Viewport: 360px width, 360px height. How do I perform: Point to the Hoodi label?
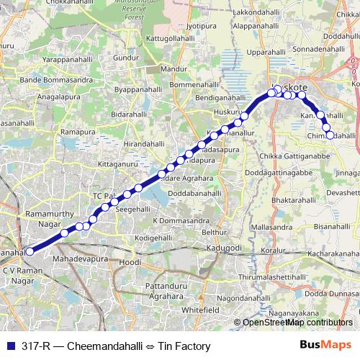[x=130, y=262]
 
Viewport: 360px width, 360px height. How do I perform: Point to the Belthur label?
[x=214, y=232]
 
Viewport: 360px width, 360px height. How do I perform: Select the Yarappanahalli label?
[x=68, y=60]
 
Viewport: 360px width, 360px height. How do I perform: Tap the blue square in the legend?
[x=11, y=346]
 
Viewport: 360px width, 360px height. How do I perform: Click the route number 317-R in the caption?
[x=35, y=346]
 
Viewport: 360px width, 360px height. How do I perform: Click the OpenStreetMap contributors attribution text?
[x=295, y=322]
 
